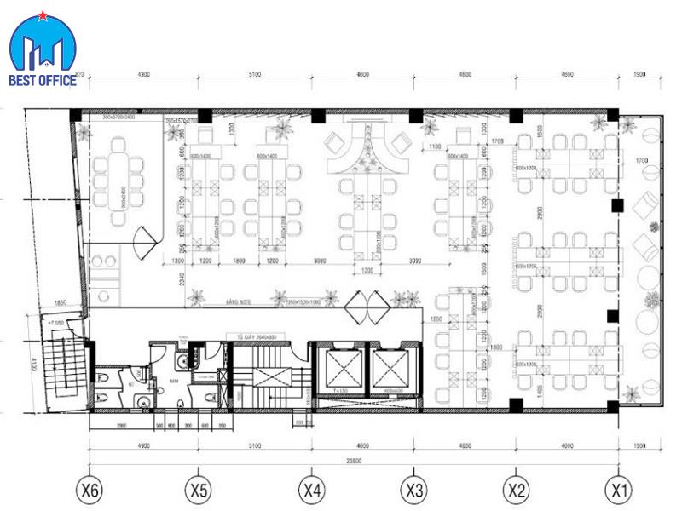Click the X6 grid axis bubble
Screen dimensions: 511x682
coord(90,490)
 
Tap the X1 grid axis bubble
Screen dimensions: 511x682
coord(619,490)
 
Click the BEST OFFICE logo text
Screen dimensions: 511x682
coord(42,81)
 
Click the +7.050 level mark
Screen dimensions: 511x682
coord(58,324)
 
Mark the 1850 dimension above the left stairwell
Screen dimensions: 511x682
coord(61,303)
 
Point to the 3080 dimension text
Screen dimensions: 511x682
coord(321,260)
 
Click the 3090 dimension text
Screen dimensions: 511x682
coord(415,260)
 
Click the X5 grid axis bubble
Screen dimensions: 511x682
coord(198,490)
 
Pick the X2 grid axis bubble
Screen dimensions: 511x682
coord(516,490)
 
